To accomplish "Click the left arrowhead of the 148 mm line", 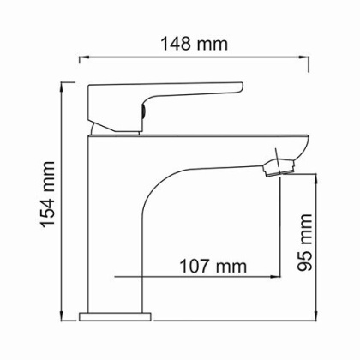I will [x=83, y=58].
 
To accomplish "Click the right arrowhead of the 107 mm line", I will [x=279, y=277].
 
